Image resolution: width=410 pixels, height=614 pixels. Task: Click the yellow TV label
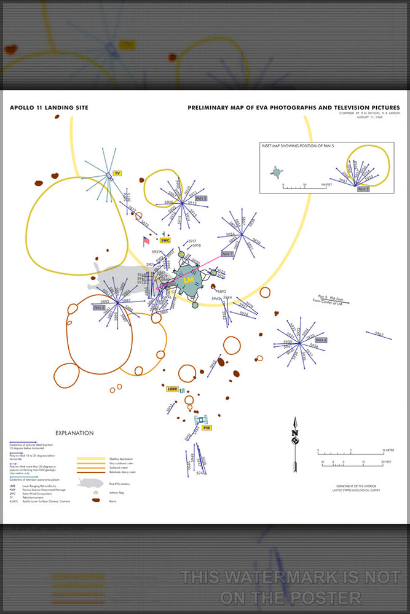(116, 174)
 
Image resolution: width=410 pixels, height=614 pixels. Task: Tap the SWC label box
(165, 240)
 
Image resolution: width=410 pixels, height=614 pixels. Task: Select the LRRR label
(171, 389)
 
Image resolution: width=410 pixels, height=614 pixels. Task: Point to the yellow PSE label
(207, 427)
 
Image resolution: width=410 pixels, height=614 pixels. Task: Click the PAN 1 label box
(227, 254)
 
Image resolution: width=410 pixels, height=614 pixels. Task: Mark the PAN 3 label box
(201, 198)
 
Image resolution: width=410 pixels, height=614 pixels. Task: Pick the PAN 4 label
(321, 340)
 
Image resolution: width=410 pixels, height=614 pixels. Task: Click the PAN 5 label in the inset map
(363, 190)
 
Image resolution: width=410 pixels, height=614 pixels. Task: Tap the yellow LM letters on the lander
(188, 279)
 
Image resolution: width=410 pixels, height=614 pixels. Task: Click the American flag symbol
(146, 240)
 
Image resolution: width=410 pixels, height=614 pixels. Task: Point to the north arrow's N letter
(295, 433)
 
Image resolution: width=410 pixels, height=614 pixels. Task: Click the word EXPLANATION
(74, 433)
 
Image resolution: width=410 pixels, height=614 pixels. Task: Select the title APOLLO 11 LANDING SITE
(49, 108)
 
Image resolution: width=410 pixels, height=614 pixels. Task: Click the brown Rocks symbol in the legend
(96, 500)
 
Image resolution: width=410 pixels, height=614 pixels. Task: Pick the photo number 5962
(379, 334)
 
